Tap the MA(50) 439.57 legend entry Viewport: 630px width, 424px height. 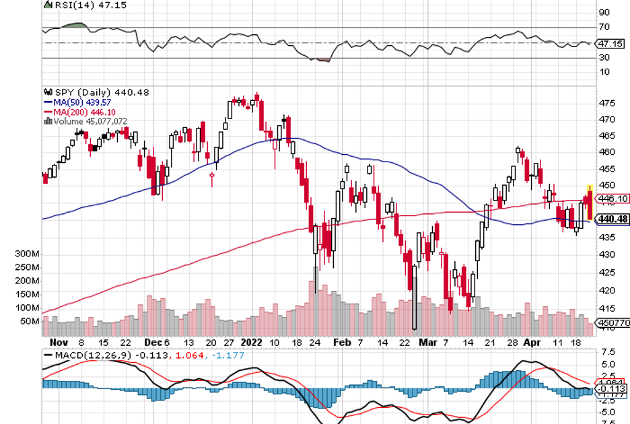pos(74,102)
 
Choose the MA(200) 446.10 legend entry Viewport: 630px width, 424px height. pos(76,111)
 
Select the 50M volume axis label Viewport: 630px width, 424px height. pos(30,321)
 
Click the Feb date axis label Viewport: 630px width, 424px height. pos(343,342)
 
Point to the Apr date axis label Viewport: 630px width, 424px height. pos(532,342)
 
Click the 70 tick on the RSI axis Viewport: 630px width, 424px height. pos(604,27)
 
